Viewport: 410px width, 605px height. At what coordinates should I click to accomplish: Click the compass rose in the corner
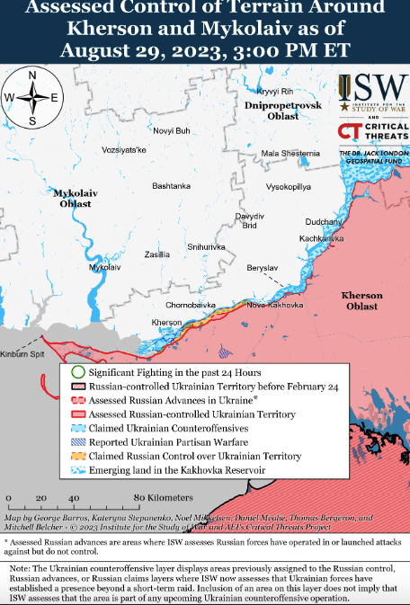(32, 97)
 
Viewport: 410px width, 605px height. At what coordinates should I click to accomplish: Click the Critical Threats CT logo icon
(349, 131)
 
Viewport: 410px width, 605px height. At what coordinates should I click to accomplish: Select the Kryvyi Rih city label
(274, 92)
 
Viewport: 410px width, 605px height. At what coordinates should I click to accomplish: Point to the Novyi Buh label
(172, 130)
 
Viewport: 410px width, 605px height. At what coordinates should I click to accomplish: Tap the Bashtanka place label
(171, 186)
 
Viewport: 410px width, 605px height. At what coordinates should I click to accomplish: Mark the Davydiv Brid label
(251, 221)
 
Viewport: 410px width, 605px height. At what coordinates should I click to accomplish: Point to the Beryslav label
(263, 268)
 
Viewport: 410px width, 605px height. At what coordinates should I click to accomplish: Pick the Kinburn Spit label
(21, 354)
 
